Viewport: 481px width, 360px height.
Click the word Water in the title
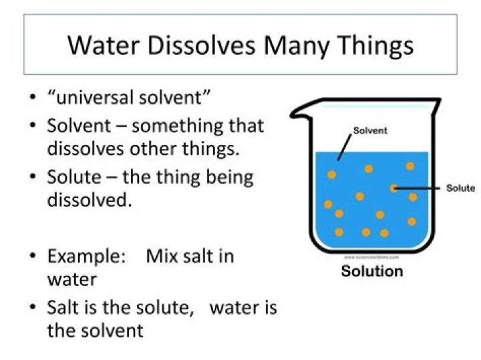(x=100, y=45)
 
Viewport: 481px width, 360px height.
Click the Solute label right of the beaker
(x=460, y=188)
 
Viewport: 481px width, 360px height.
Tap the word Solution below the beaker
(x=372, y=271)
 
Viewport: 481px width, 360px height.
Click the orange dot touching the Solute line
(x=394, y=188)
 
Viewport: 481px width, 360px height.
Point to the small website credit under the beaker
(x=371, y=256)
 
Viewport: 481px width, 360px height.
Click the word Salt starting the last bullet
(x=63, y=308)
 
